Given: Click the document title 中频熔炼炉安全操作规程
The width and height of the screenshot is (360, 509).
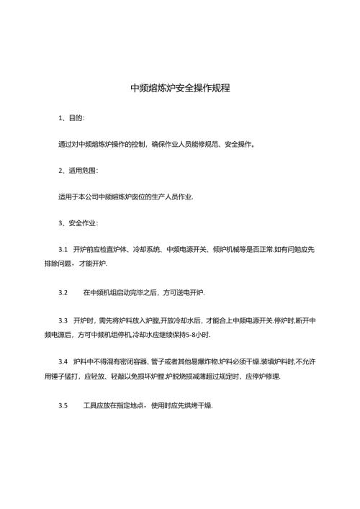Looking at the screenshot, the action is click(x=180, y=89).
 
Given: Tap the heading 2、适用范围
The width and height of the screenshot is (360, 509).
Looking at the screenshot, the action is click(x=78, y=170).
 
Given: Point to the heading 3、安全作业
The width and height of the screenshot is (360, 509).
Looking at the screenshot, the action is click(x=78, y=222).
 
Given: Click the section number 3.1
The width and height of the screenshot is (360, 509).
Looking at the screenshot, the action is click(x=62, y=248).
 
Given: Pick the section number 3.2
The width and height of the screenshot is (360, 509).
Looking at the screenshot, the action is click(x=62, y=292).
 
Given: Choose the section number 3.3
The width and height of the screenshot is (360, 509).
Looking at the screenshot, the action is click(x=62, y=318).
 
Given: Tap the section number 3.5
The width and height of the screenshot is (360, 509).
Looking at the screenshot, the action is click(x=62, y=405).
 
